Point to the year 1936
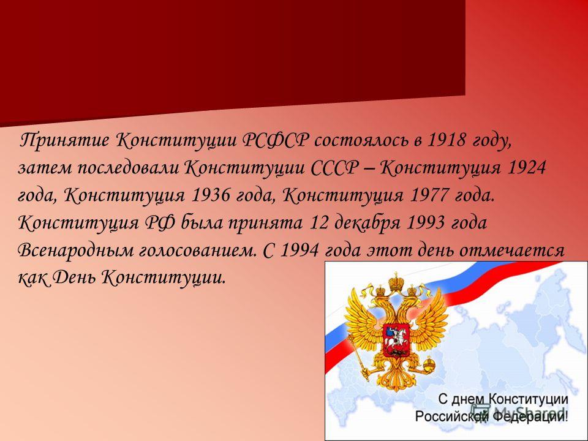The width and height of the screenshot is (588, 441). pyautogui.click(x=211, y=195)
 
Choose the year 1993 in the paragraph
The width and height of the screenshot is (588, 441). pyautogui.click(x=426, y=223)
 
